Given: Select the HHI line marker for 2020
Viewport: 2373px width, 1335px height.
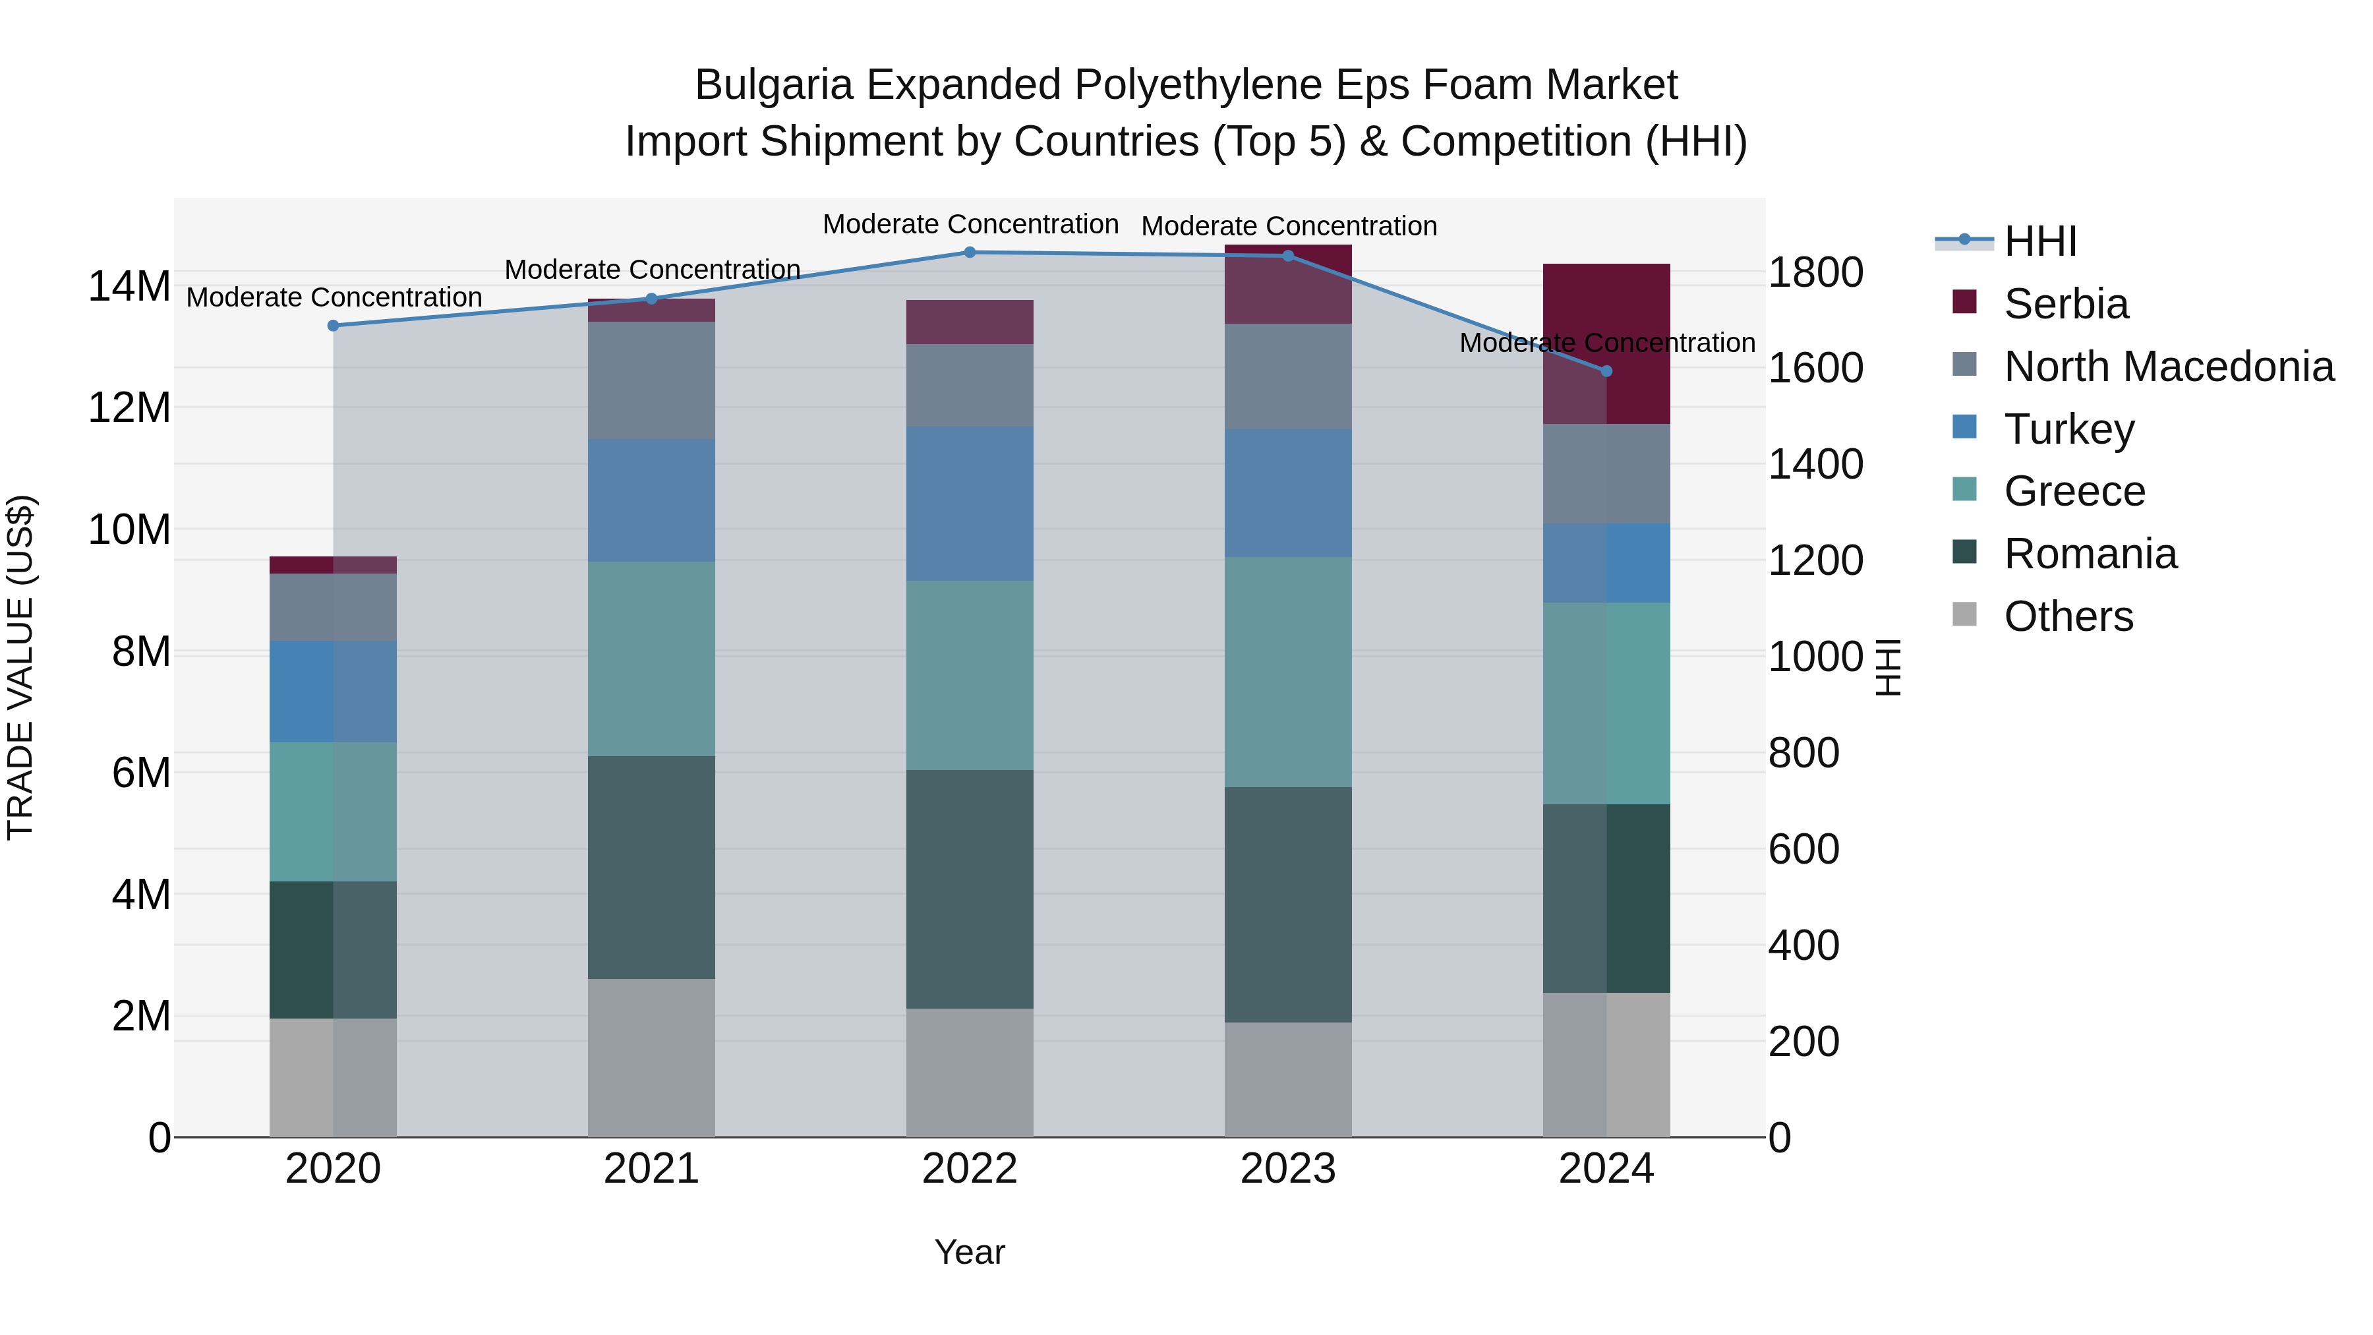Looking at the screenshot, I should (334, 325).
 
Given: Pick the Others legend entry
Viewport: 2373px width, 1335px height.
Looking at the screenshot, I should (2068, 616).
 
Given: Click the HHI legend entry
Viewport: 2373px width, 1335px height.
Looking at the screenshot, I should (2039, 241).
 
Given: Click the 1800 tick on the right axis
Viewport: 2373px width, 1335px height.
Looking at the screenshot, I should (1815, 273).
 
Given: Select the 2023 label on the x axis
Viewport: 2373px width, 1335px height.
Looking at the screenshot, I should (1288, 1169).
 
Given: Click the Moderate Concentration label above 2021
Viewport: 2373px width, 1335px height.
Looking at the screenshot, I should (651, 270).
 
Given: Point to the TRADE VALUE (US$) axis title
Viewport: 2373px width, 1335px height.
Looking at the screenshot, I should (20, 667).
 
